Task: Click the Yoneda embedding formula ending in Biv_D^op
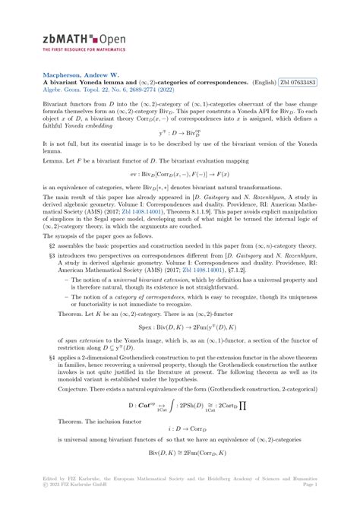179,153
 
